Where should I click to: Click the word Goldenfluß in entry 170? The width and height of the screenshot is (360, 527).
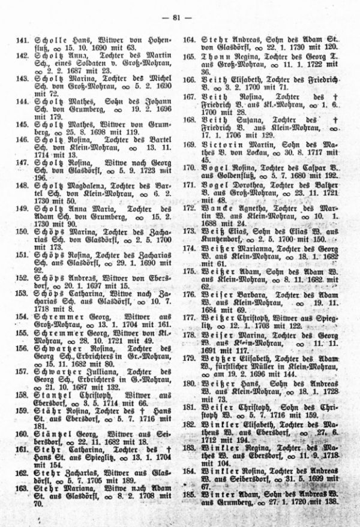click(x=227, y=175)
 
